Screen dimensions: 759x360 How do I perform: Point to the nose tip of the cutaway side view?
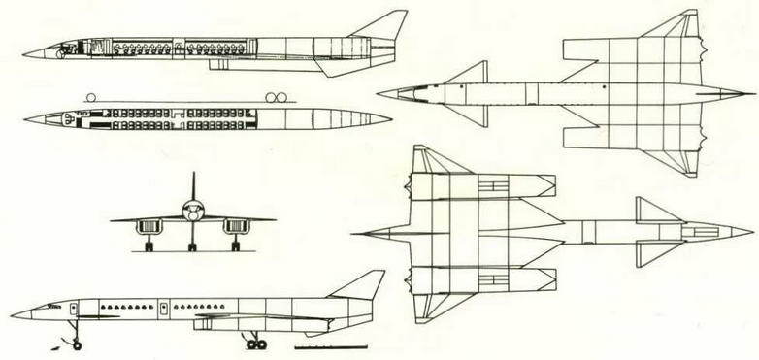point(24,52)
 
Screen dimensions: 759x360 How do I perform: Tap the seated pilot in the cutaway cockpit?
point(65,48)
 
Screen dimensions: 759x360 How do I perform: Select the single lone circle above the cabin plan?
point(90,97)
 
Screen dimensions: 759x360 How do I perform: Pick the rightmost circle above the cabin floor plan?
point(284,97)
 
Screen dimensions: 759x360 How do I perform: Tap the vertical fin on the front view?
point(192,186)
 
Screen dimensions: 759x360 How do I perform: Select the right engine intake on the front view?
point(233,226)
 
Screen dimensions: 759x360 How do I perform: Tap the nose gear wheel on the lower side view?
point(76,344)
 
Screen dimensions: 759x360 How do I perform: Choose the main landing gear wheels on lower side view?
point(256,344)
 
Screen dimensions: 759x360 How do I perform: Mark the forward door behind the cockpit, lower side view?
point(81,308)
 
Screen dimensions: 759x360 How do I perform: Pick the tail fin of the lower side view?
point(360,285)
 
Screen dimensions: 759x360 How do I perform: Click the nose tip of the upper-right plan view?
point(379,93)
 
